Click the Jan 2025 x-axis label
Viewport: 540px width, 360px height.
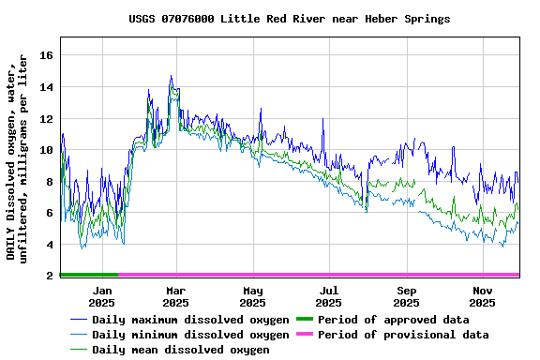tap(102, 296)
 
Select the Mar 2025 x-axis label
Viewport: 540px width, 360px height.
tap(175, 296)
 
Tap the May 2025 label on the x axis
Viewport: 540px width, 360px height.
tap(252, 296)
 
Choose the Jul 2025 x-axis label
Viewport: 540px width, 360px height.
tap(328, 296)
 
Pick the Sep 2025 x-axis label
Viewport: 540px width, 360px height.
tap(406, 296)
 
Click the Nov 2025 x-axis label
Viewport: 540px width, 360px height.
tap(482, 296)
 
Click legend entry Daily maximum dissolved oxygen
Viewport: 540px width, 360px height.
tap(190, 320)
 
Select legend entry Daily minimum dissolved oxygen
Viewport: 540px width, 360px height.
tap(190, 335)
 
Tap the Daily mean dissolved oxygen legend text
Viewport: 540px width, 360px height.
tap(180, 350)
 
